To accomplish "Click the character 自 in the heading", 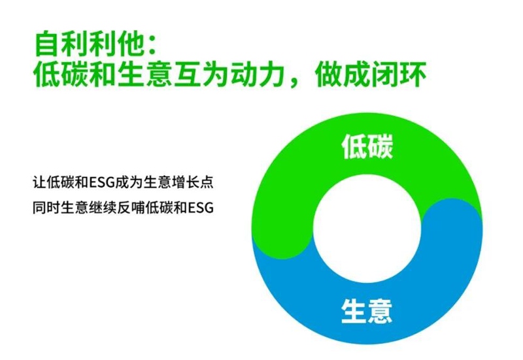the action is pos(46,44).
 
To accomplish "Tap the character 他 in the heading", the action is pos(129,44).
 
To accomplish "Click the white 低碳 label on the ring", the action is pos(367,146).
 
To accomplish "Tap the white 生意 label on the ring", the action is pos(367,311).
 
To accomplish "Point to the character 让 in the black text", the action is pos(39,182).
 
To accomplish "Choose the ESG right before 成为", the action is pos(102,183).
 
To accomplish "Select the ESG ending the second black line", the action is pos(201,208).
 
